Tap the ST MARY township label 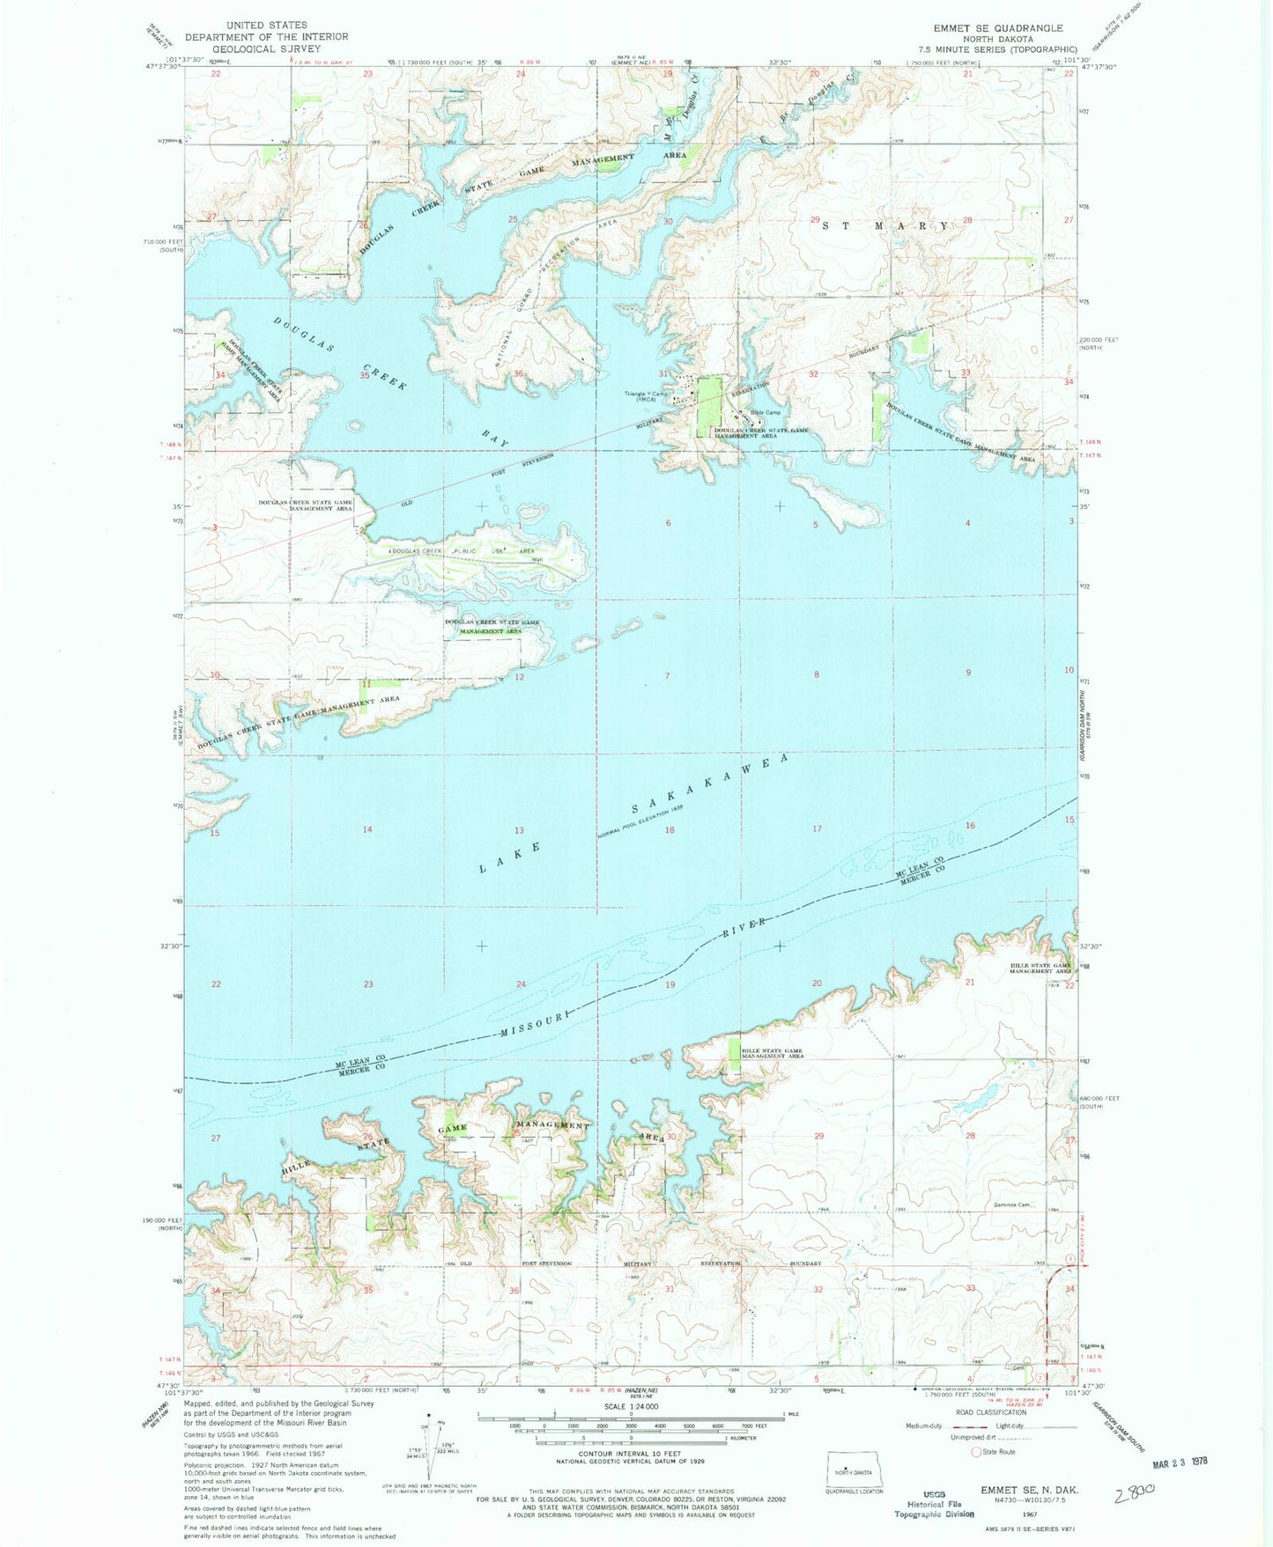tap(886, 225)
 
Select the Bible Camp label tap(765, 412)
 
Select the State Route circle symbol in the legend tap(976, 1452)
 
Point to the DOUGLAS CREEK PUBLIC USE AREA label tap(463, 551)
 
